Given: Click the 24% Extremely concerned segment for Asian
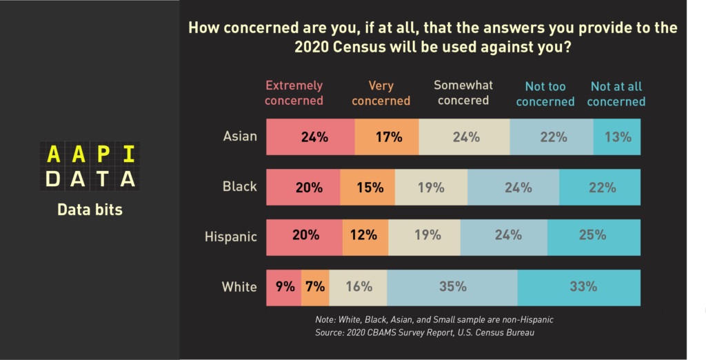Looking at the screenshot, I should click(310, 137).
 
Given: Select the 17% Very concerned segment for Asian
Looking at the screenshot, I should click(387, 137).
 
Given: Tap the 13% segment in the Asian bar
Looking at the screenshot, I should click(617, 137).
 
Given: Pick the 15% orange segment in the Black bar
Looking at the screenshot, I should click(367, 187).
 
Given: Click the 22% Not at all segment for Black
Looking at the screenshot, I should click(600, 187).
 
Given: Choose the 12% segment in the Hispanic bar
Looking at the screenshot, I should click(365, 237).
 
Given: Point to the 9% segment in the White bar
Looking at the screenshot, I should click(284, 288).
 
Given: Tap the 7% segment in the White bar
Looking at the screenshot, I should click(315, 288).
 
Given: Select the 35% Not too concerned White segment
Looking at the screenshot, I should click(452, 288).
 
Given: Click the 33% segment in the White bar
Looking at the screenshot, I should click(579, 288).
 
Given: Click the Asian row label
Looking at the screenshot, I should click(240, 136).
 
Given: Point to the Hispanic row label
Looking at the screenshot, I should click(231, 237).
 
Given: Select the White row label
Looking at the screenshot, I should click(239, 287).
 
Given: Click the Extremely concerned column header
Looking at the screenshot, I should click(294, 93).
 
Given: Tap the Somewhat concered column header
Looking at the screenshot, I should click(463, 92).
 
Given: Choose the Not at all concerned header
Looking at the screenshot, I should click(616, 94).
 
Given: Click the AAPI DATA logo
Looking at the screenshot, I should click(90, 166).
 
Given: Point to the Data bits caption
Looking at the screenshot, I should click(90, 210).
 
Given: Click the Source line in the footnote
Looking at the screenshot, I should click(425, 333).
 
